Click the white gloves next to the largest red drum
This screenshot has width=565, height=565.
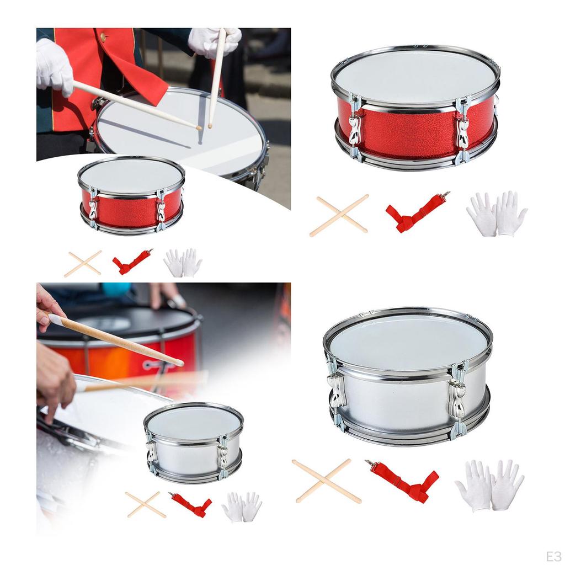click(x=497, y=214)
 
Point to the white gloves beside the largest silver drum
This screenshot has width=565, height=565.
click(x=489, y=485)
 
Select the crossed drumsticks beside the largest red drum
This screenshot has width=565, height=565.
click(x=338, y=215)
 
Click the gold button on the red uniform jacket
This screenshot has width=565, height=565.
click(x=103, y=37)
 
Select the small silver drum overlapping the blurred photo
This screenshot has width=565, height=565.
click(x=193, y=441)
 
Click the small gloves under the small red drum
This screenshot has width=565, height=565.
click(x=183, y=263)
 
